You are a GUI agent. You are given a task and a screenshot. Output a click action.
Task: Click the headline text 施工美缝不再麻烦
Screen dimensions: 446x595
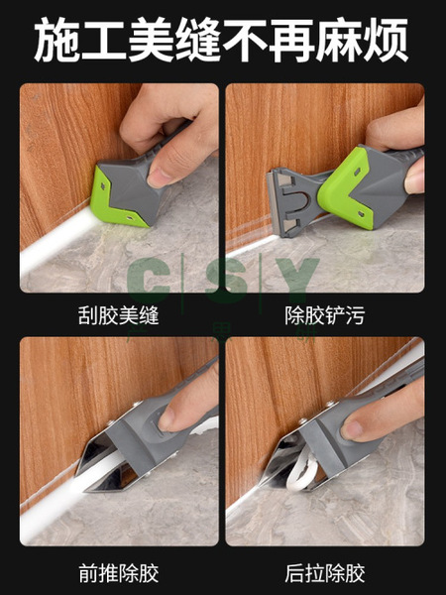point(221,39)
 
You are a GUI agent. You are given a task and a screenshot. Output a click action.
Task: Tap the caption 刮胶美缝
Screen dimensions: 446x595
point(118,315)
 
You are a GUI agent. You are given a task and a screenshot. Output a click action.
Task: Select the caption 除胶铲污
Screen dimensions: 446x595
point(325,315)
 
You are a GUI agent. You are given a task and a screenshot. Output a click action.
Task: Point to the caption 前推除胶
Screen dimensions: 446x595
point(118,573)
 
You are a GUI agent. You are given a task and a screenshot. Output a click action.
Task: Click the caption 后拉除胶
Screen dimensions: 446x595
point(325,573)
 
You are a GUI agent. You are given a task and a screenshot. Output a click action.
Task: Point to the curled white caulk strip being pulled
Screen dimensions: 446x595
point(300,470)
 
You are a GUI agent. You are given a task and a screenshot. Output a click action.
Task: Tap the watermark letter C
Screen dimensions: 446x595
point(149,276)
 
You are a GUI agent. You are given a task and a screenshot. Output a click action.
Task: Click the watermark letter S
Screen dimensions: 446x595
point(226,276)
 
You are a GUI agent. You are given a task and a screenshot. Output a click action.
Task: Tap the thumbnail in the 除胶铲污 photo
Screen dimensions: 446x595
point(414,179)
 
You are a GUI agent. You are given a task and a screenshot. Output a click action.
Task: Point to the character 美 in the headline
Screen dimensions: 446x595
point(152,40)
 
